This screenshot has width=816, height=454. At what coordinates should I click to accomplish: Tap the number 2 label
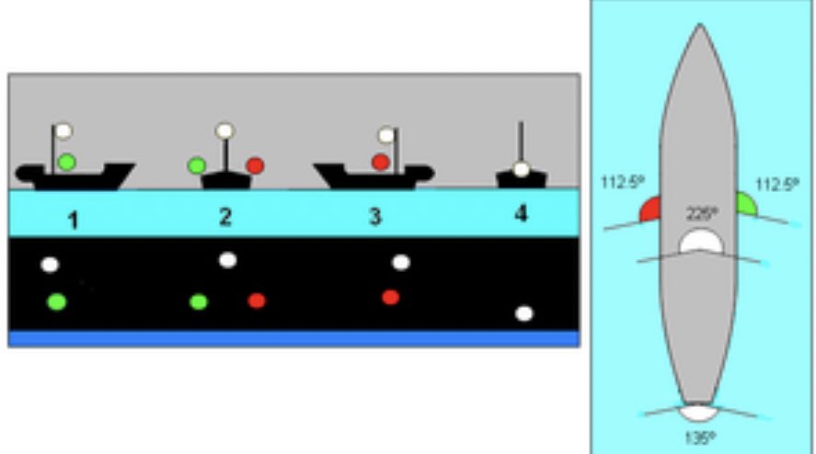[225, 217]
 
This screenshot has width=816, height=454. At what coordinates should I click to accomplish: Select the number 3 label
[374, 218]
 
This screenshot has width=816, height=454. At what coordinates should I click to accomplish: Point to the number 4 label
[522, 214]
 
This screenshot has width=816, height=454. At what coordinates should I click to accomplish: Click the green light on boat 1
[66, 163]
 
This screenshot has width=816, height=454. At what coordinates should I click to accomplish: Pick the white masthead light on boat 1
[63, 131]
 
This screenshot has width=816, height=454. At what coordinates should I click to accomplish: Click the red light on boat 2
[255, 165]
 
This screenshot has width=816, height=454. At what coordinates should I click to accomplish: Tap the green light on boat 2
[196, 165]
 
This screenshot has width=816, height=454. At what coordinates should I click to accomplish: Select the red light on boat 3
[380, 163]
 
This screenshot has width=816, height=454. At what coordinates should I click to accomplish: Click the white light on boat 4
[522, 169]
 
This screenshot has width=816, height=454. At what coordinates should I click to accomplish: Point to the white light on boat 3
[386, 135]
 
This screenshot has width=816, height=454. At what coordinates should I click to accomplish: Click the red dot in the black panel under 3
[390, 297]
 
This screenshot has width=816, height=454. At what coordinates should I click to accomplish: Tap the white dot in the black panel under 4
[523, 313]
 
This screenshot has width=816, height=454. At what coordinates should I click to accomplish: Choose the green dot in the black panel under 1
[57, 301]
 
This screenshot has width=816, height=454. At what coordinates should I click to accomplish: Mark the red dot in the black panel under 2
[256, 301]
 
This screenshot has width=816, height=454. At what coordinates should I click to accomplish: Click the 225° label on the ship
[703, 213]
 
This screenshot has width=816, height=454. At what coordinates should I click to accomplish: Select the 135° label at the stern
[698, 437]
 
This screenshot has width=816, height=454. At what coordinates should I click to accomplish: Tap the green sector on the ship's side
[745, 204]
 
